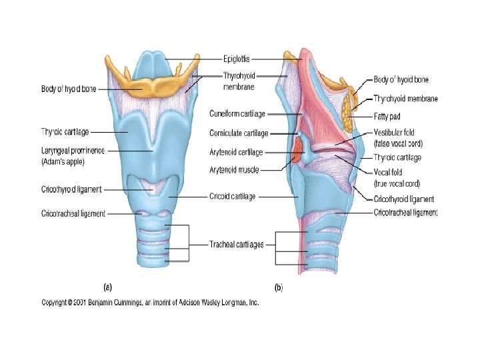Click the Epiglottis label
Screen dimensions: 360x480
(237, 58)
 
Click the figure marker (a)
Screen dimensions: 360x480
(107, 287)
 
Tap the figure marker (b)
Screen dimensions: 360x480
(279, 287)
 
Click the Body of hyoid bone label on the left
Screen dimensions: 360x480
(69, 89)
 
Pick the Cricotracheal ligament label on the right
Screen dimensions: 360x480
(405, 213)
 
